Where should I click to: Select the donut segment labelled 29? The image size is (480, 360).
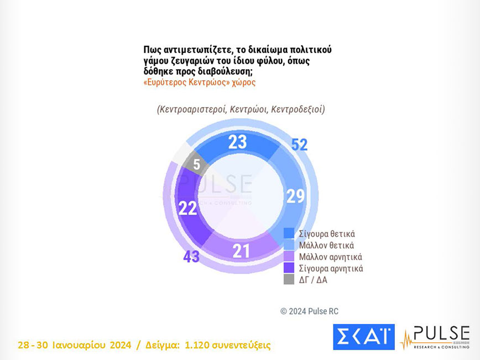pos(294,195)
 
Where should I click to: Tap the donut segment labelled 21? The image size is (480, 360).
pos(241,251)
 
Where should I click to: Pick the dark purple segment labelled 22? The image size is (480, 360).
pos(187,208)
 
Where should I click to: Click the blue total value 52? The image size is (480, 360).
pos(299,145)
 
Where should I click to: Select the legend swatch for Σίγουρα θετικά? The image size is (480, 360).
pos(289,233)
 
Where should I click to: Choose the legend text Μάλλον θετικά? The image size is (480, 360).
pos(326,245)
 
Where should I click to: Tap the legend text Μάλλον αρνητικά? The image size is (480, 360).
pos(330,257)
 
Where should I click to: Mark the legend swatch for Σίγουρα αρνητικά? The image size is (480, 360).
pos(289,268)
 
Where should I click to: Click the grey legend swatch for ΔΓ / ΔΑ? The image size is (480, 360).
pos(289,280)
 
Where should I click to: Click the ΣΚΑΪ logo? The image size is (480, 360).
pos(363,337)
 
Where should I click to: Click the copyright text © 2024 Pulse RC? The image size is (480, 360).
pos(309,311)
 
